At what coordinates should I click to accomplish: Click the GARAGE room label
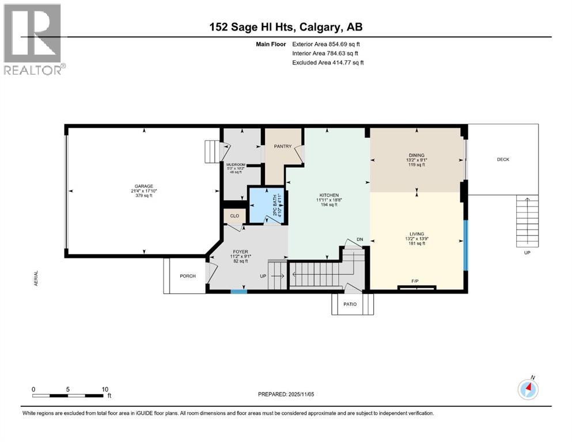[x=144, y=186]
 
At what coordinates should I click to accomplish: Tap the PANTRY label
[x=282, y=146]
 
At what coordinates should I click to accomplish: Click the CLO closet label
[x=234, y=216]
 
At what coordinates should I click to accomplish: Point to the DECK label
[x=503, y=159]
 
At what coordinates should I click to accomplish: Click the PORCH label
[x=188, y=276]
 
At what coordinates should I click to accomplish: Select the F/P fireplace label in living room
[x=415, y=281]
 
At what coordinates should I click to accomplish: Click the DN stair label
[x=360, y=239]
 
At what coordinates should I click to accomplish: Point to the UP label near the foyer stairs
[x=263, y=276]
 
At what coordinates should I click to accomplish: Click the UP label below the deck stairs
[x=527, y=252]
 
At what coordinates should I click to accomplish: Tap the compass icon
[x=528, y=390]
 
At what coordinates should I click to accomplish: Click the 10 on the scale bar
[x=105, y=389]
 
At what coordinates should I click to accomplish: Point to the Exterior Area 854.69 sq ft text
[x=326, y=44]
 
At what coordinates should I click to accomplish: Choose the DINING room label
[x=416, y=155]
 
